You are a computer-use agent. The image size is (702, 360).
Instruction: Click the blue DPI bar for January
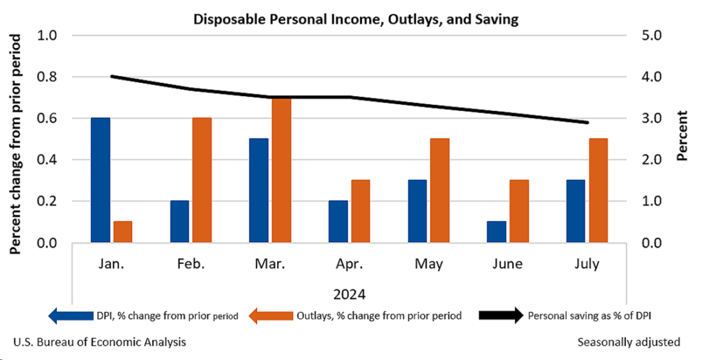[101, 180]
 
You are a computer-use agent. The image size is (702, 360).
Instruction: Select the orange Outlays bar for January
[123, 232]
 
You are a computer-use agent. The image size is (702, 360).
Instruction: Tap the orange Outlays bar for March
[281, 170]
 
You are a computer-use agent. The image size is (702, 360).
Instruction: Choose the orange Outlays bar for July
[598, 191]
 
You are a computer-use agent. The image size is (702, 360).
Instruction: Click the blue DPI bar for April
[338, 221]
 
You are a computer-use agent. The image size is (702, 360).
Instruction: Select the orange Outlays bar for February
[202, 180]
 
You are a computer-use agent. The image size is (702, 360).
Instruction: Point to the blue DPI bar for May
[417, 211]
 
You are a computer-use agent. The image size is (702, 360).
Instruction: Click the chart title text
[355, 19]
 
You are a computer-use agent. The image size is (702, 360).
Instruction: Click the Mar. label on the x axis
[269, 264]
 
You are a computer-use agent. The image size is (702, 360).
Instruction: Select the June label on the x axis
[507, 264]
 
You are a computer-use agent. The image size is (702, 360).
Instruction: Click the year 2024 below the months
[349, 294]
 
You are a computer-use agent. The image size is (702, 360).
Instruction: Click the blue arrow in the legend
[69, 316]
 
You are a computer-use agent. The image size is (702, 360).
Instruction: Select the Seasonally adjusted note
[629, 341]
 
